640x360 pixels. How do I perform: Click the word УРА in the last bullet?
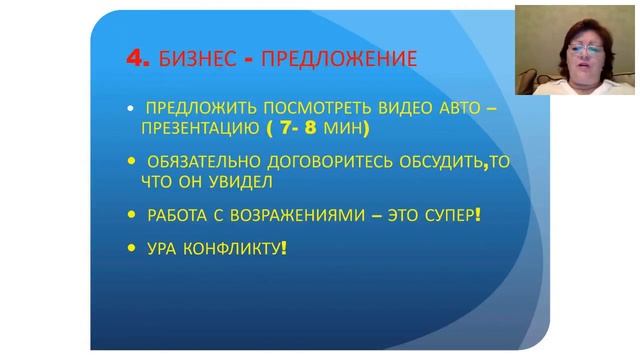[x=161, y=246]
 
